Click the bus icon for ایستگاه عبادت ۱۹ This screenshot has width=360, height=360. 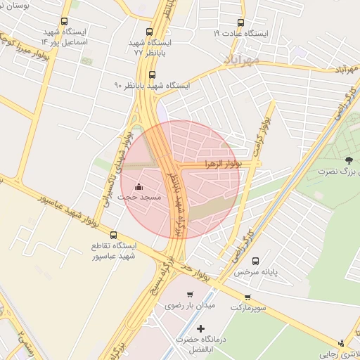241,22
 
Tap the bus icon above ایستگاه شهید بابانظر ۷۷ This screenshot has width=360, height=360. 148,32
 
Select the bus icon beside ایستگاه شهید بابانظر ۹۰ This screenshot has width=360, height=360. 153,75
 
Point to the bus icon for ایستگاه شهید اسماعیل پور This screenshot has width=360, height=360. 65,22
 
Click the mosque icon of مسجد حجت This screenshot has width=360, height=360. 139,186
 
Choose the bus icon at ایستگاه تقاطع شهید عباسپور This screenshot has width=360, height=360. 114,235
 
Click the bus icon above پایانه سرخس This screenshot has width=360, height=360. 255,260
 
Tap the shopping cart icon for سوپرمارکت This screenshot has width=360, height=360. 247,297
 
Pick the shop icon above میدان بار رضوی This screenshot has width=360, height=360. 189,295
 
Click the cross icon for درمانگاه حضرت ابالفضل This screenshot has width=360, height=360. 201,328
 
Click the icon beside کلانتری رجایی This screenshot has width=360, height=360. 342,343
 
